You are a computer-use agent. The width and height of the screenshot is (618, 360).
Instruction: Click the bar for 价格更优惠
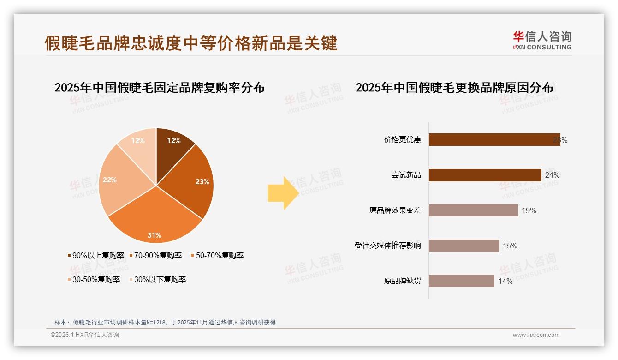(493, 139)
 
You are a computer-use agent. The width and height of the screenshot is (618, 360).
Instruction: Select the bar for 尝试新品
(484, 175)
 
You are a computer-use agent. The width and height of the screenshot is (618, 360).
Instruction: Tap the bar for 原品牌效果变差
(473, 210)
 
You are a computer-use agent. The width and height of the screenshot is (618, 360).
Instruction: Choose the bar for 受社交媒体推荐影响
(463, 246)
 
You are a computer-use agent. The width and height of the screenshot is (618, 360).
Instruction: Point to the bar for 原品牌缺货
(461, 281)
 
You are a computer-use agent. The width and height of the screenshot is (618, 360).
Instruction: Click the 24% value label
(552, 175)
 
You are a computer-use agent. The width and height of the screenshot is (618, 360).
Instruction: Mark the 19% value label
(529, 210)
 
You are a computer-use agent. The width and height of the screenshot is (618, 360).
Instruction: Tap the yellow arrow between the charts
(283, 192)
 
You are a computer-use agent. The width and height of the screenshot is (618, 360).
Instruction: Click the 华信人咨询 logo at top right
(542, 40)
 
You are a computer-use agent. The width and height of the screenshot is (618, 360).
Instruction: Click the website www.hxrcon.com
(536, 335)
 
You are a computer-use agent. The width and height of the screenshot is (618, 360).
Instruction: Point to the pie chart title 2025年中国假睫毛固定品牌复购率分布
(160, 87)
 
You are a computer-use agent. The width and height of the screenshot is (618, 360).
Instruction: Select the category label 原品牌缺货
(402, 281)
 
